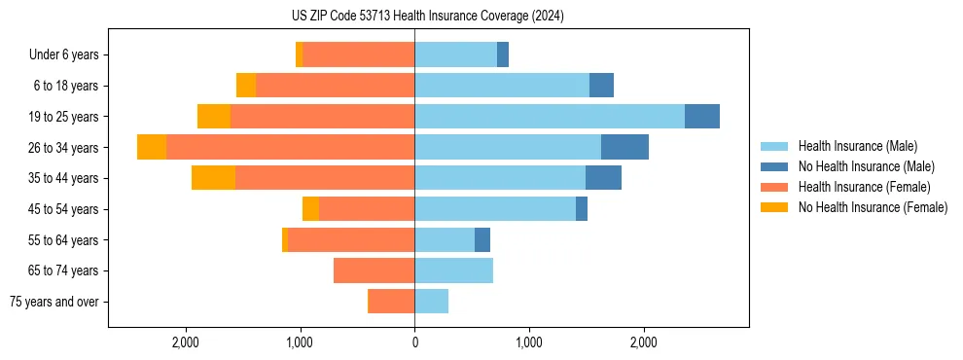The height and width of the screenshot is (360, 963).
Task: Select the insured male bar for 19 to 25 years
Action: pyautogui.click(x=550, y=117)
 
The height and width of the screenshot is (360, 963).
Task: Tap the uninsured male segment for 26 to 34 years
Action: pyautogui.click(x=624, y=147)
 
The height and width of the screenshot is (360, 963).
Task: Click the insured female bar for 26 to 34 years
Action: pyautogui.click(x=290, y=147)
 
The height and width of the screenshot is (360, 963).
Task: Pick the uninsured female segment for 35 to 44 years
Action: pyautogui.click(x=213, y=178)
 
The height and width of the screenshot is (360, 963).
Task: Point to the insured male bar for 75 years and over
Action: pyautogui.click(x=432, y=302)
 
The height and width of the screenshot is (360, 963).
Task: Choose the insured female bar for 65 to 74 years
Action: pyautogui.click(x=374, y=270)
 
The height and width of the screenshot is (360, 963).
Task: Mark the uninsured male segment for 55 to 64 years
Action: pyautogui.click(x=482, y=239)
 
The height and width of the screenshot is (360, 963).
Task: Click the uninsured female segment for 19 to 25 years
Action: pyautogui.click(x=214, y=117)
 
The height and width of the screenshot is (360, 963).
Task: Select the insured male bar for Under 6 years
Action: pyautogui.click(x=455, y=54)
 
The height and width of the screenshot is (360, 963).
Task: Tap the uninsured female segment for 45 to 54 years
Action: pyautogui.click(x=310, y=209)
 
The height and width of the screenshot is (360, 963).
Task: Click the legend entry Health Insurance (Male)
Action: pyautogui.click(x=857, y=146)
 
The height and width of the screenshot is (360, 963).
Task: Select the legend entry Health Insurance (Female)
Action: pyautogui.click(x=864, y=187)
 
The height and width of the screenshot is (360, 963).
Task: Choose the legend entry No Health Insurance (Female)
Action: pyautogui.click(x=873, y=207)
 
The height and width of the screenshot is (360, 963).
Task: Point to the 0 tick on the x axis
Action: pyautogui.click(x=414, y=342)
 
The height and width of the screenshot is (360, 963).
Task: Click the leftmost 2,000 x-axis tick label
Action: pyautogui.click(x=185, y=342)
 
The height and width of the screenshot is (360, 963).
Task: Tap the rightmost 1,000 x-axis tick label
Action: pyautogui.click(x=529, y=342)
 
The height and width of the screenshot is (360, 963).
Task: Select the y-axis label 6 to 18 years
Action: pyautogui.click(x=66, y=86)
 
